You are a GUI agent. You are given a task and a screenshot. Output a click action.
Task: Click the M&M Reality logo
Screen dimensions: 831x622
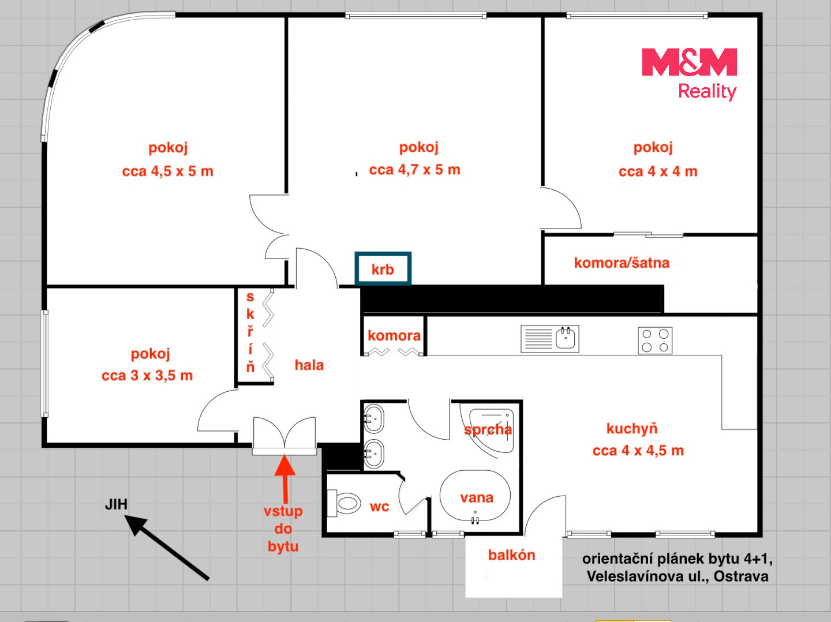[690, 74]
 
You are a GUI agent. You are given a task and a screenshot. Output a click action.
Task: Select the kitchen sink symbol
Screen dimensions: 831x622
[550, 339]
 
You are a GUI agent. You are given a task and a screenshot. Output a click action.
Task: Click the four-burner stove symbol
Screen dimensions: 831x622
[655, 340]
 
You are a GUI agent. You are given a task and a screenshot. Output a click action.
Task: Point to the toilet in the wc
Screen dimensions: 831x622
[344, 503]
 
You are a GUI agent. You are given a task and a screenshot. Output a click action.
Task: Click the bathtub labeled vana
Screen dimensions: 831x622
[475, 495]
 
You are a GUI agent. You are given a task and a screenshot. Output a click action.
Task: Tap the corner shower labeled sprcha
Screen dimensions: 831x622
[492, 430]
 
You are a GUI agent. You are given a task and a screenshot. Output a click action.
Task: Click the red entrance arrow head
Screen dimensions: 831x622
[285, 466]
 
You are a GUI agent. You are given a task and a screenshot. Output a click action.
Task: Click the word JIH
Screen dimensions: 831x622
[116, 505]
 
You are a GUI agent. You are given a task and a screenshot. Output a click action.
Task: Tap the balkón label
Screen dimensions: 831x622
[511, 555]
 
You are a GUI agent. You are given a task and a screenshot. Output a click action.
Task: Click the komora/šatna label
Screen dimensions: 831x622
[622, 263]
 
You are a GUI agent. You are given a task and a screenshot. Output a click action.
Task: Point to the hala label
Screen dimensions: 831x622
[309, 365]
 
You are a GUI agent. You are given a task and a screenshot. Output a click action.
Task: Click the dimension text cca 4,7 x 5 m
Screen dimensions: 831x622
[414, 170]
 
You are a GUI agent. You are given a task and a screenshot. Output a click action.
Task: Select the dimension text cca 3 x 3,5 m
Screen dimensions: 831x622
[147, 376]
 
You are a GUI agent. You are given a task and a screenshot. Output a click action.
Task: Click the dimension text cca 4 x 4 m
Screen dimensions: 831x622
[658, 171]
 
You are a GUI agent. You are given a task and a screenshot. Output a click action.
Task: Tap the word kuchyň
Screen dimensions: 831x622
[632, 429]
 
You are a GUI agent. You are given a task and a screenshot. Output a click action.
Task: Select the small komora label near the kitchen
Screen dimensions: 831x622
[394, 336]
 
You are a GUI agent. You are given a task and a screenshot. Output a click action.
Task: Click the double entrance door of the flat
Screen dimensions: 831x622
[285, 436]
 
